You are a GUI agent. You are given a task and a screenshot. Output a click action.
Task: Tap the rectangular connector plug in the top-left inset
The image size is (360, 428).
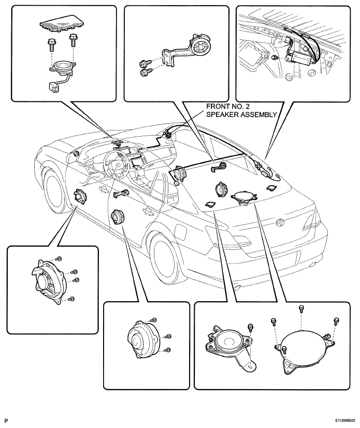tap(53, 86)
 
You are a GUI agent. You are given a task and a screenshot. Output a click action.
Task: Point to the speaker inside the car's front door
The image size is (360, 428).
tap(80, 196)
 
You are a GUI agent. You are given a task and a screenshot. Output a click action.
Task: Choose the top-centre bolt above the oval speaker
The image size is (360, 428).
tap(301, 309)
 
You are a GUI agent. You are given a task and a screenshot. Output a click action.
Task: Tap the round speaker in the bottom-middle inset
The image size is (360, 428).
tap(143, 339)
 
